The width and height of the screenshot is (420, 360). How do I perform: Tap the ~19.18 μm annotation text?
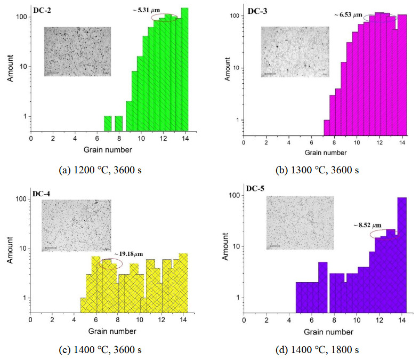pyautogui.click(x=130, y=253)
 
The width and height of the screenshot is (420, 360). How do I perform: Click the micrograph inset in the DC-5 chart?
pyautogui.click(x=300, y=222)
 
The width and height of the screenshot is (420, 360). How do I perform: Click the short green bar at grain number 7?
pyautogui.click(x=108, y=123)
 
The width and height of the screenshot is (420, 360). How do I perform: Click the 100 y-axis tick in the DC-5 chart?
pyautogui.click(x=232, y=195)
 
